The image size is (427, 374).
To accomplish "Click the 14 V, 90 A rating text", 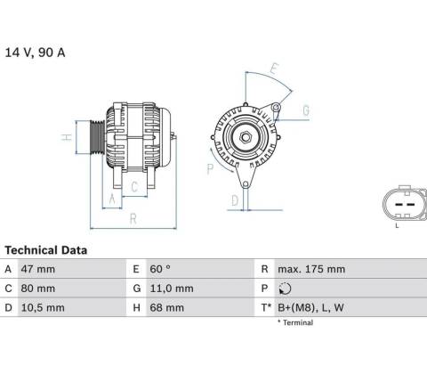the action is pyautogui.click(x=35, y=53).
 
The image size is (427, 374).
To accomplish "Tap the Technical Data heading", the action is pyautogui.click(x=46, y=250).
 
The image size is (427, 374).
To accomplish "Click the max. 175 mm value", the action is pyautogui.click(x=311, y=269).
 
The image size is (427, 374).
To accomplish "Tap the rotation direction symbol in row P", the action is pyautogui.click(x=285, y=289).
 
